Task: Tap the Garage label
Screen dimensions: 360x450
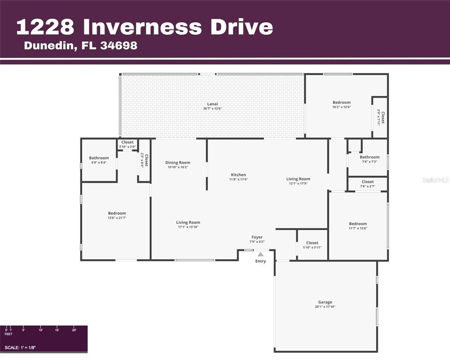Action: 325,302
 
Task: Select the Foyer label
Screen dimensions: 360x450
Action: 257,237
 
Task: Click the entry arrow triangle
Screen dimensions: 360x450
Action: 260,254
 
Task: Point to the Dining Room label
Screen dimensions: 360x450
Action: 177,163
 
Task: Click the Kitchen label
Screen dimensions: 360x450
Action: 238,175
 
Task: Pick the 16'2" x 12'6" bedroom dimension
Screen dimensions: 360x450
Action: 341,107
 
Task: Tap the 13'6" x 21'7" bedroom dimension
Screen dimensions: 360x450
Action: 117,218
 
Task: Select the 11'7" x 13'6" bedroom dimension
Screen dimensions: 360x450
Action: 358,228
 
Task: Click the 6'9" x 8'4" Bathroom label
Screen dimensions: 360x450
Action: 99,158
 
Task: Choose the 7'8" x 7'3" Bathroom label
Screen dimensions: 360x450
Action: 369,157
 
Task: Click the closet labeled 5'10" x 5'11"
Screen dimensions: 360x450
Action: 312,243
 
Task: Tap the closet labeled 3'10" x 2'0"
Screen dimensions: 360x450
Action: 127,142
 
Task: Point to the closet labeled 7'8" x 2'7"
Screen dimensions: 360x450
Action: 367,182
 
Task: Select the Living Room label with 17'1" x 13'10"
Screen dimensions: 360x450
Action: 188,223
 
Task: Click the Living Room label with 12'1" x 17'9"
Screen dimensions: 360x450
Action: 298,179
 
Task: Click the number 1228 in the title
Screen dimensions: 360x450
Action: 45,27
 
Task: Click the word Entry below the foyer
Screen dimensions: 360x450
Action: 260,261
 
